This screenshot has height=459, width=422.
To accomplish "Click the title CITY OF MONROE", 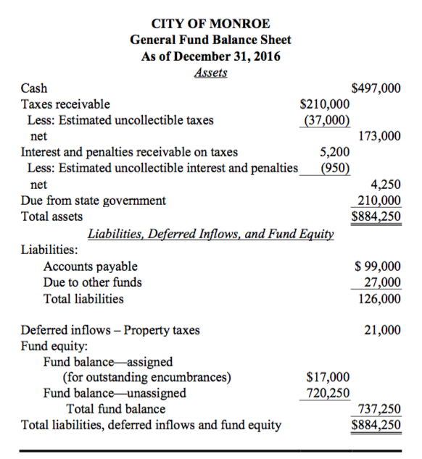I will [x=210, y=24].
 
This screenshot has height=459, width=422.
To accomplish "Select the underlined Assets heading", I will [x=210, y=72].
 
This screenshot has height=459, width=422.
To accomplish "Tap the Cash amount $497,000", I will [x=376, y=88].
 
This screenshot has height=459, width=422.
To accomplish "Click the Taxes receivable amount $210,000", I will [x=326, y=104].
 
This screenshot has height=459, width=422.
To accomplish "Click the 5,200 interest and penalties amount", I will [x=335, y=152].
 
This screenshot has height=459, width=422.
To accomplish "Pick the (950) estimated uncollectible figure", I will [x=336, y=168].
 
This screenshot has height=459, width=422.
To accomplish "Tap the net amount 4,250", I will [x=385, y=185].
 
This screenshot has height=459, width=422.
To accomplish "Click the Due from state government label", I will [x=94, y=201].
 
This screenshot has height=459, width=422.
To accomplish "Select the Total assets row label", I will [x=51, y=216].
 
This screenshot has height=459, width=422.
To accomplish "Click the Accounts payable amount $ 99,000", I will [x=375, y=266].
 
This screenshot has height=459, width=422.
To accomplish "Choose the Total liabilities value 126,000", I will [x=379, y=298].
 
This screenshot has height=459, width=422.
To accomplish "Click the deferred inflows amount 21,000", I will [x=381, y=330].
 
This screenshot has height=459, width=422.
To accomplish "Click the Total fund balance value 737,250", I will [x=376, y=409].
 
